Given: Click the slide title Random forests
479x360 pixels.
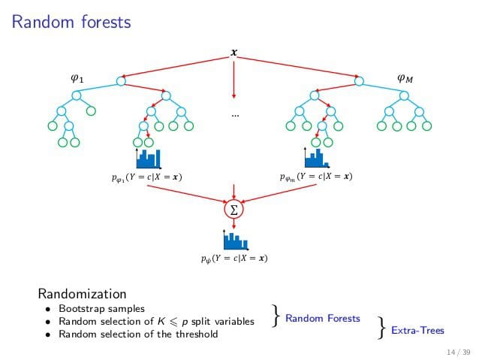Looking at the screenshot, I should coord(72,23).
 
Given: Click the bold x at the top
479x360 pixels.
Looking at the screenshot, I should coord(233,53).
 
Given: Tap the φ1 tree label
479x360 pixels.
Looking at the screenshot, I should coord(77,77).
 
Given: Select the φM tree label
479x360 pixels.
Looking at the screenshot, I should coord(405,77).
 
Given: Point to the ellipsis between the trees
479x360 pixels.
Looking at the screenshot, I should coord(234,115).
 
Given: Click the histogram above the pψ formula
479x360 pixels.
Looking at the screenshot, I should coord(234,240).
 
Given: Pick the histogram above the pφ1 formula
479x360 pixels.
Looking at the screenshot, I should coord(147,159).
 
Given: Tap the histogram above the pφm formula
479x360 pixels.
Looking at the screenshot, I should coord(316,157).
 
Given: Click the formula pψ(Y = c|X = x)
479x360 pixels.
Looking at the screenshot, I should coord(234,259).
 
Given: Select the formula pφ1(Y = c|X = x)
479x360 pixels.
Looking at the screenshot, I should coord(146,177).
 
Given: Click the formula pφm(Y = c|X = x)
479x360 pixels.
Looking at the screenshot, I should coord(315,177).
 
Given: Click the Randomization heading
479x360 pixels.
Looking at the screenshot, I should coord(82,293).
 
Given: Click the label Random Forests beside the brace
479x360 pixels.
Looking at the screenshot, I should coord(323,319).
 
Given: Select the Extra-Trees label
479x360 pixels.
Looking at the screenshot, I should coord(417,329).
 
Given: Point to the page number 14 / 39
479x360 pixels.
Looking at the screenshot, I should coord(458,352).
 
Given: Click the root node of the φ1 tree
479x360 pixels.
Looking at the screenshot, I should coord(121,80).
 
